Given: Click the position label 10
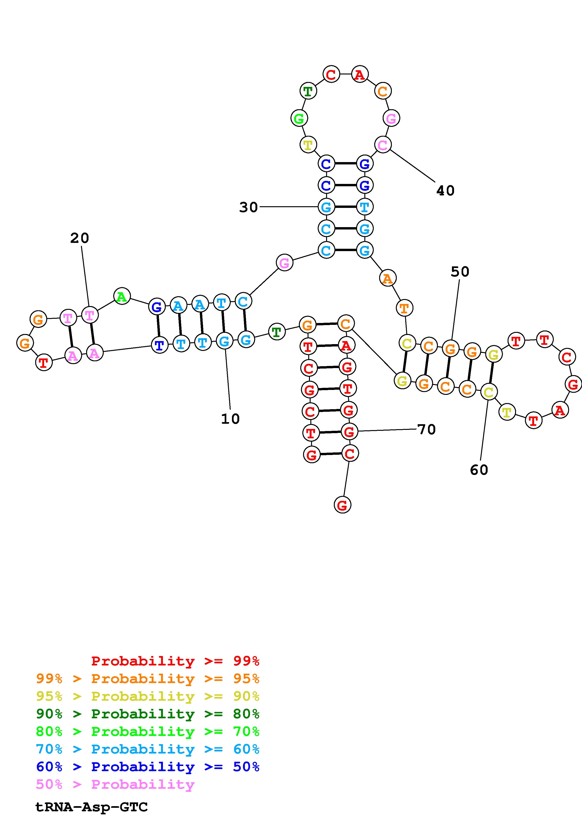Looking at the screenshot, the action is pyautogui.click(x=230, y=419).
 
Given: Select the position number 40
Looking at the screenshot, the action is pyautogui.click(x=445, y=190).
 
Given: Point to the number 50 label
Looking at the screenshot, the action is pyautogui.click(x=460, y=272).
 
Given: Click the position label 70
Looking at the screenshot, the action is pyautogui.click(x=427, y=429).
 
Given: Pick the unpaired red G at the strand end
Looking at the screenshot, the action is pyautogui.click(x=343, y=505).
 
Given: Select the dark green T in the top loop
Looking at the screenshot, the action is pyautogui.click(x=308, y=91).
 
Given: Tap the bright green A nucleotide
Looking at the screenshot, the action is pyautogui.click(x=122, y=296).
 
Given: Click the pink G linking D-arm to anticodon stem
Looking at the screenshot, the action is pyautogui.click(x=284, y=263).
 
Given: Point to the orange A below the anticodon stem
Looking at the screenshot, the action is pyautogui.click(x=387, y=278).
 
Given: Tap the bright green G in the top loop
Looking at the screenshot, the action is pyautogui.click(x=299, y=118).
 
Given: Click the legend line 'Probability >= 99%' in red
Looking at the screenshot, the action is pyautogui.click(x=175, y=661).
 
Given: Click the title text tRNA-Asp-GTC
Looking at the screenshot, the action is pyautogui.click(x=91, y=807).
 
